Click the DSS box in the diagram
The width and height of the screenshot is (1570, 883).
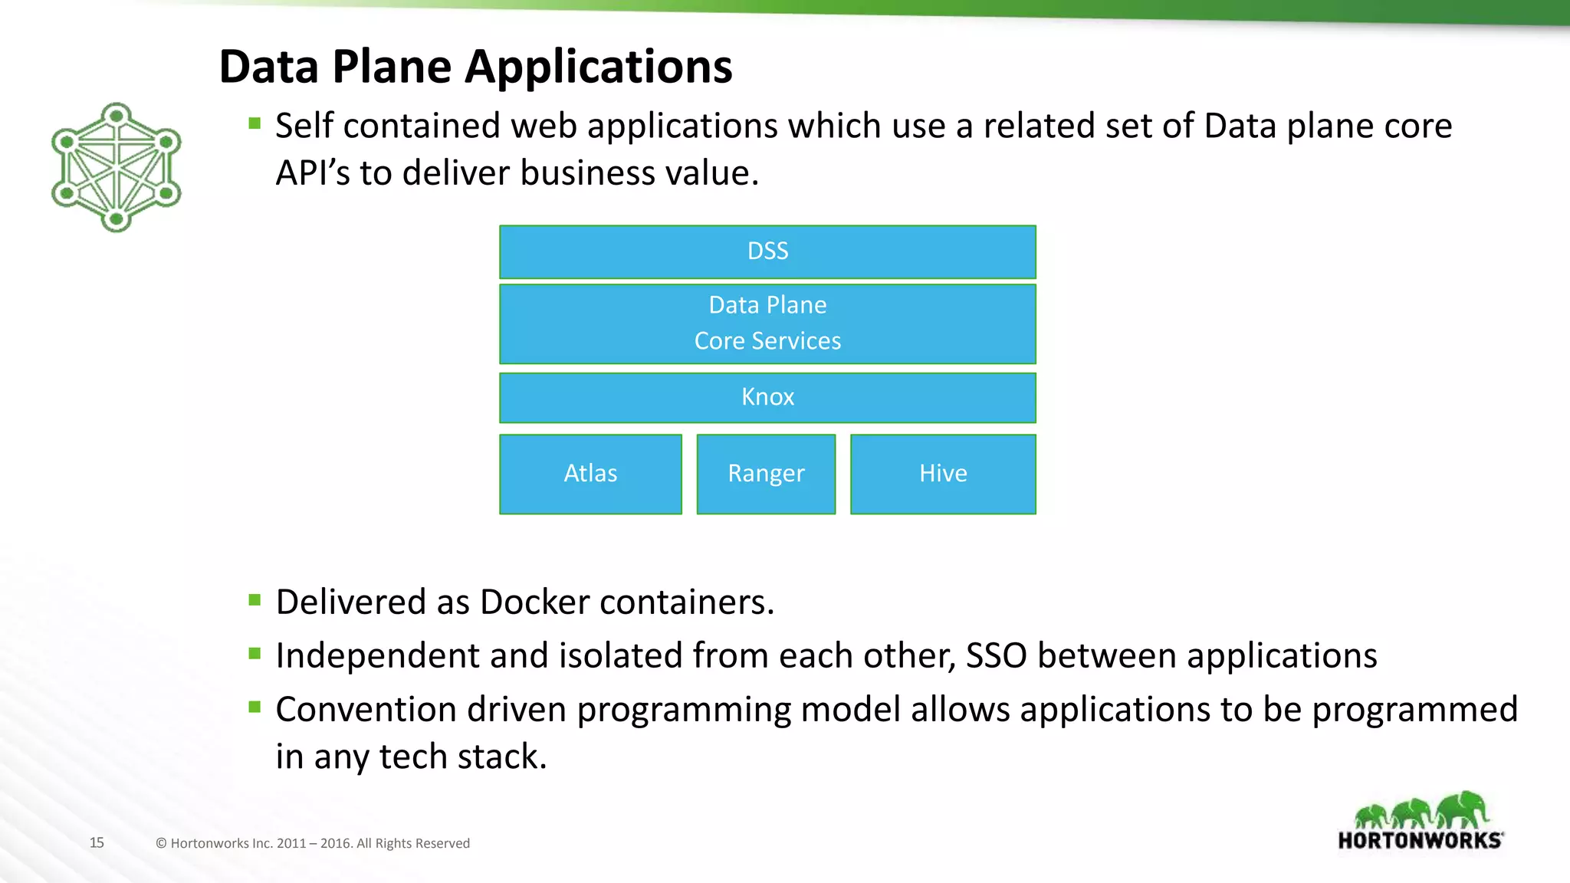[x=767, y=251]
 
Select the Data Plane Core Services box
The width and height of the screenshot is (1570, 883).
[x=767, y=323]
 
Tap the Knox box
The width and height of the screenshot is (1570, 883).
[x=767, y=397]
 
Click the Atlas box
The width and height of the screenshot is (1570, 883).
[x=590, y=474]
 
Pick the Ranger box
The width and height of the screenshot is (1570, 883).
[x=766, y=474]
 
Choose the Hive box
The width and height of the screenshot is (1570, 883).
[x=943, y=474]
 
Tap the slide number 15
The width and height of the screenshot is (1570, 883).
[x=97, y=842]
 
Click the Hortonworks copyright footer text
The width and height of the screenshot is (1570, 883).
[x=313, y=843]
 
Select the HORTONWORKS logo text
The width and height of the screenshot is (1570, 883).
[x=1419, y=841]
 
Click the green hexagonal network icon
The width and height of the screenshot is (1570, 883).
[x=116, y=167]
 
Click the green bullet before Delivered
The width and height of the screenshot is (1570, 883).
[x=255, y=599]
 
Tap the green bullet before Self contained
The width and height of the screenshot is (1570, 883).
[x=255, y=123]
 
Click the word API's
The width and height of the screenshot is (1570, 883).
[x=312, y=173]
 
